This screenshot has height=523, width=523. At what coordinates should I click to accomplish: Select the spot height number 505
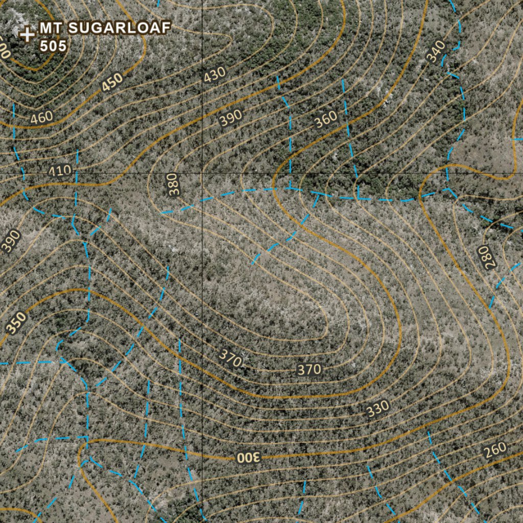53,46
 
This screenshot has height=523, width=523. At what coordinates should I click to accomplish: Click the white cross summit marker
27,35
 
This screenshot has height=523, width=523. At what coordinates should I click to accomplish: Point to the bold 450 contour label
112,82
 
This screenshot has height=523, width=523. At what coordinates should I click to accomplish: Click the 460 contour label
41,117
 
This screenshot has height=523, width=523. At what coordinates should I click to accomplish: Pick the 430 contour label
215,75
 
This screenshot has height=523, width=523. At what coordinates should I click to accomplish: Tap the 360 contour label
326,119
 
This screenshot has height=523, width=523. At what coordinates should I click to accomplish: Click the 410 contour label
60,171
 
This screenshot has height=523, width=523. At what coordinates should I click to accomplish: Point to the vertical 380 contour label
174,184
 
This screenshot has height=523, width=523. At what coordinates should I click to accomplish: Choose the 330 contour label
378,409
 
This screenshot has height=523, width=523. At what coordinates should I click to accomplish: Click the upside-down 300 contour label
249,457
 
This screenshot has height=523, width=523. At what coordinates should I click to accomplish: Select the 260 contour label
495,449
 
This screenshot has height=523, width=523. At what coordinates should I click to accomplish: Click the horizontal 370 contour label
309,369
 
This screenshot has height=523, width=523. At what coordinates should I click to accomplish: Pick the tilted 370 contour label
230,358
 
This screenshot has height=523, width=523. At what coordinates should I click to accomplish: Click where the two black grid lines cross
202,174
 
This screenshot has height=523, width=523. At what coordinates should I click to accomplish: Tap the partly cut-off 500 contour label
4,50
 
